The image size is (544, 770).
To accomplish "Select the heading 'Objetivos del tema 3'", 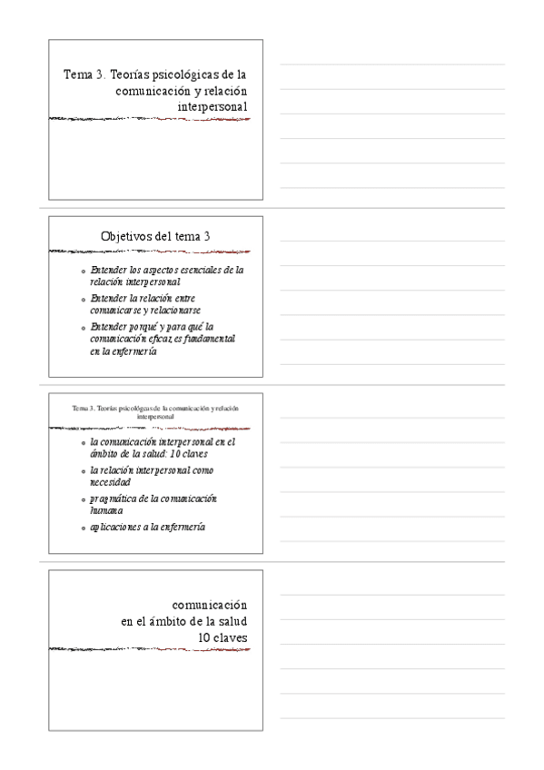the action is click(x=155, y=236).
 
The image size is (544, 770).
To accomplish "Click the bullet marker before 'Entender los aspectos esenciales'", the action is click(x=83, y=271).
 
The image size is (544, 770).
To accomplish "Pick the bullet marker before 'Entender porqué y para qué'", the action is click(x=83, y=326).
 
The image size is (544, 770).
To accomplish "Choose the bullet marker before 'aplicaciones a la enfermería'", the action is click(x=83, y=528).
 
